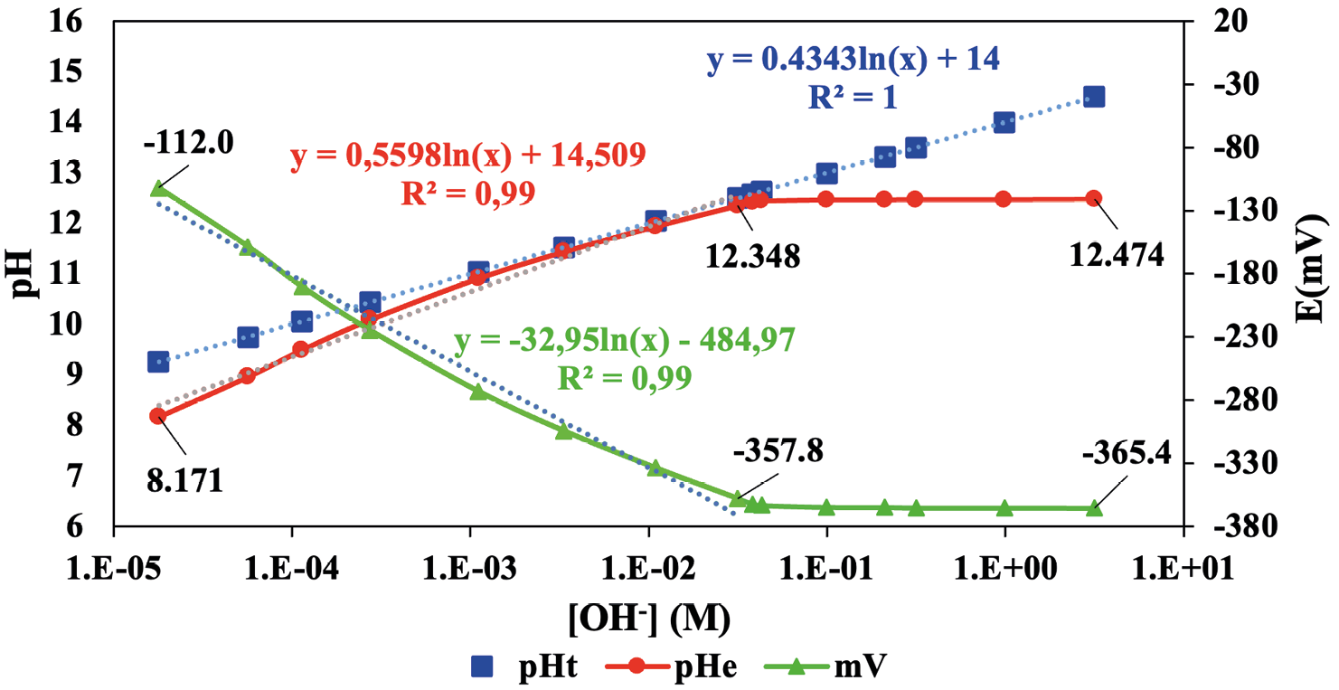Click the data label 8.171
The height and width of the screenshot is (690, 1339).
pyautogui.click(x=184, y=479)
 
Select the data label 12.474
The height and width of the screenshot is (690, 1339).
pyautogui.click(x=1116, y=256)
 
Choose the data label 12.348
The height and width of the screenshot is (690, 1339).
pyautogui.click(x=753, y=257)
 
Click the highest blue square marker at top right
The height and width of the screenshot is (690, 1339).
pyautogui.click(x=1094, y=97)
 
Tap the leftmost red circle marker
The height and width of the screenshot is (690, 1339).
pyautogui.click(x=158, y=416)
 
